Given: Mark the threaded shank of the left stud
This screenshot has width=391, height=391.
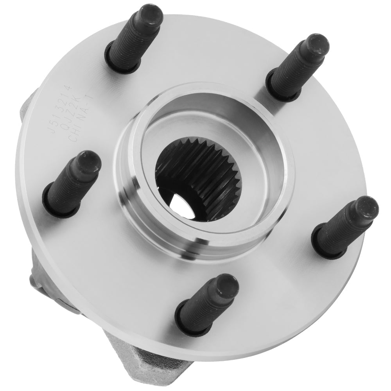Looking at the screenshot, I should click(x=66, y=188).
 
